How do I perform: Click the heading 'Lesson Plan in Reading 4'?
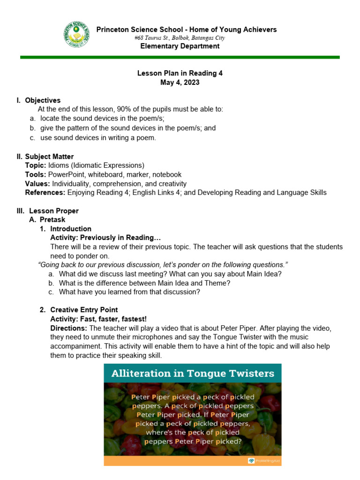180,73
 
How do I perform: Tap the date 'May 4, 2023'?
180,82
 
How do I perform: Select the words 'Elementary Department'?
180,46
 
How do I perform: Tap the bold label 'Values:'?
37,184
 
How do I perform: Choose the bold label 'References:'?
45,193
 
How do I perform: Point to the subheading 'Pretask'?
52,220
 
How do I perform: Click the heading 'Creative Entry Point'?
84,310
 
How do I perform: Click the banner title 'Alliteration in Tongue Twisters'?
193,373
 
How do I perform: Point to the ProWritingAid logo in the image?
264,461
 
